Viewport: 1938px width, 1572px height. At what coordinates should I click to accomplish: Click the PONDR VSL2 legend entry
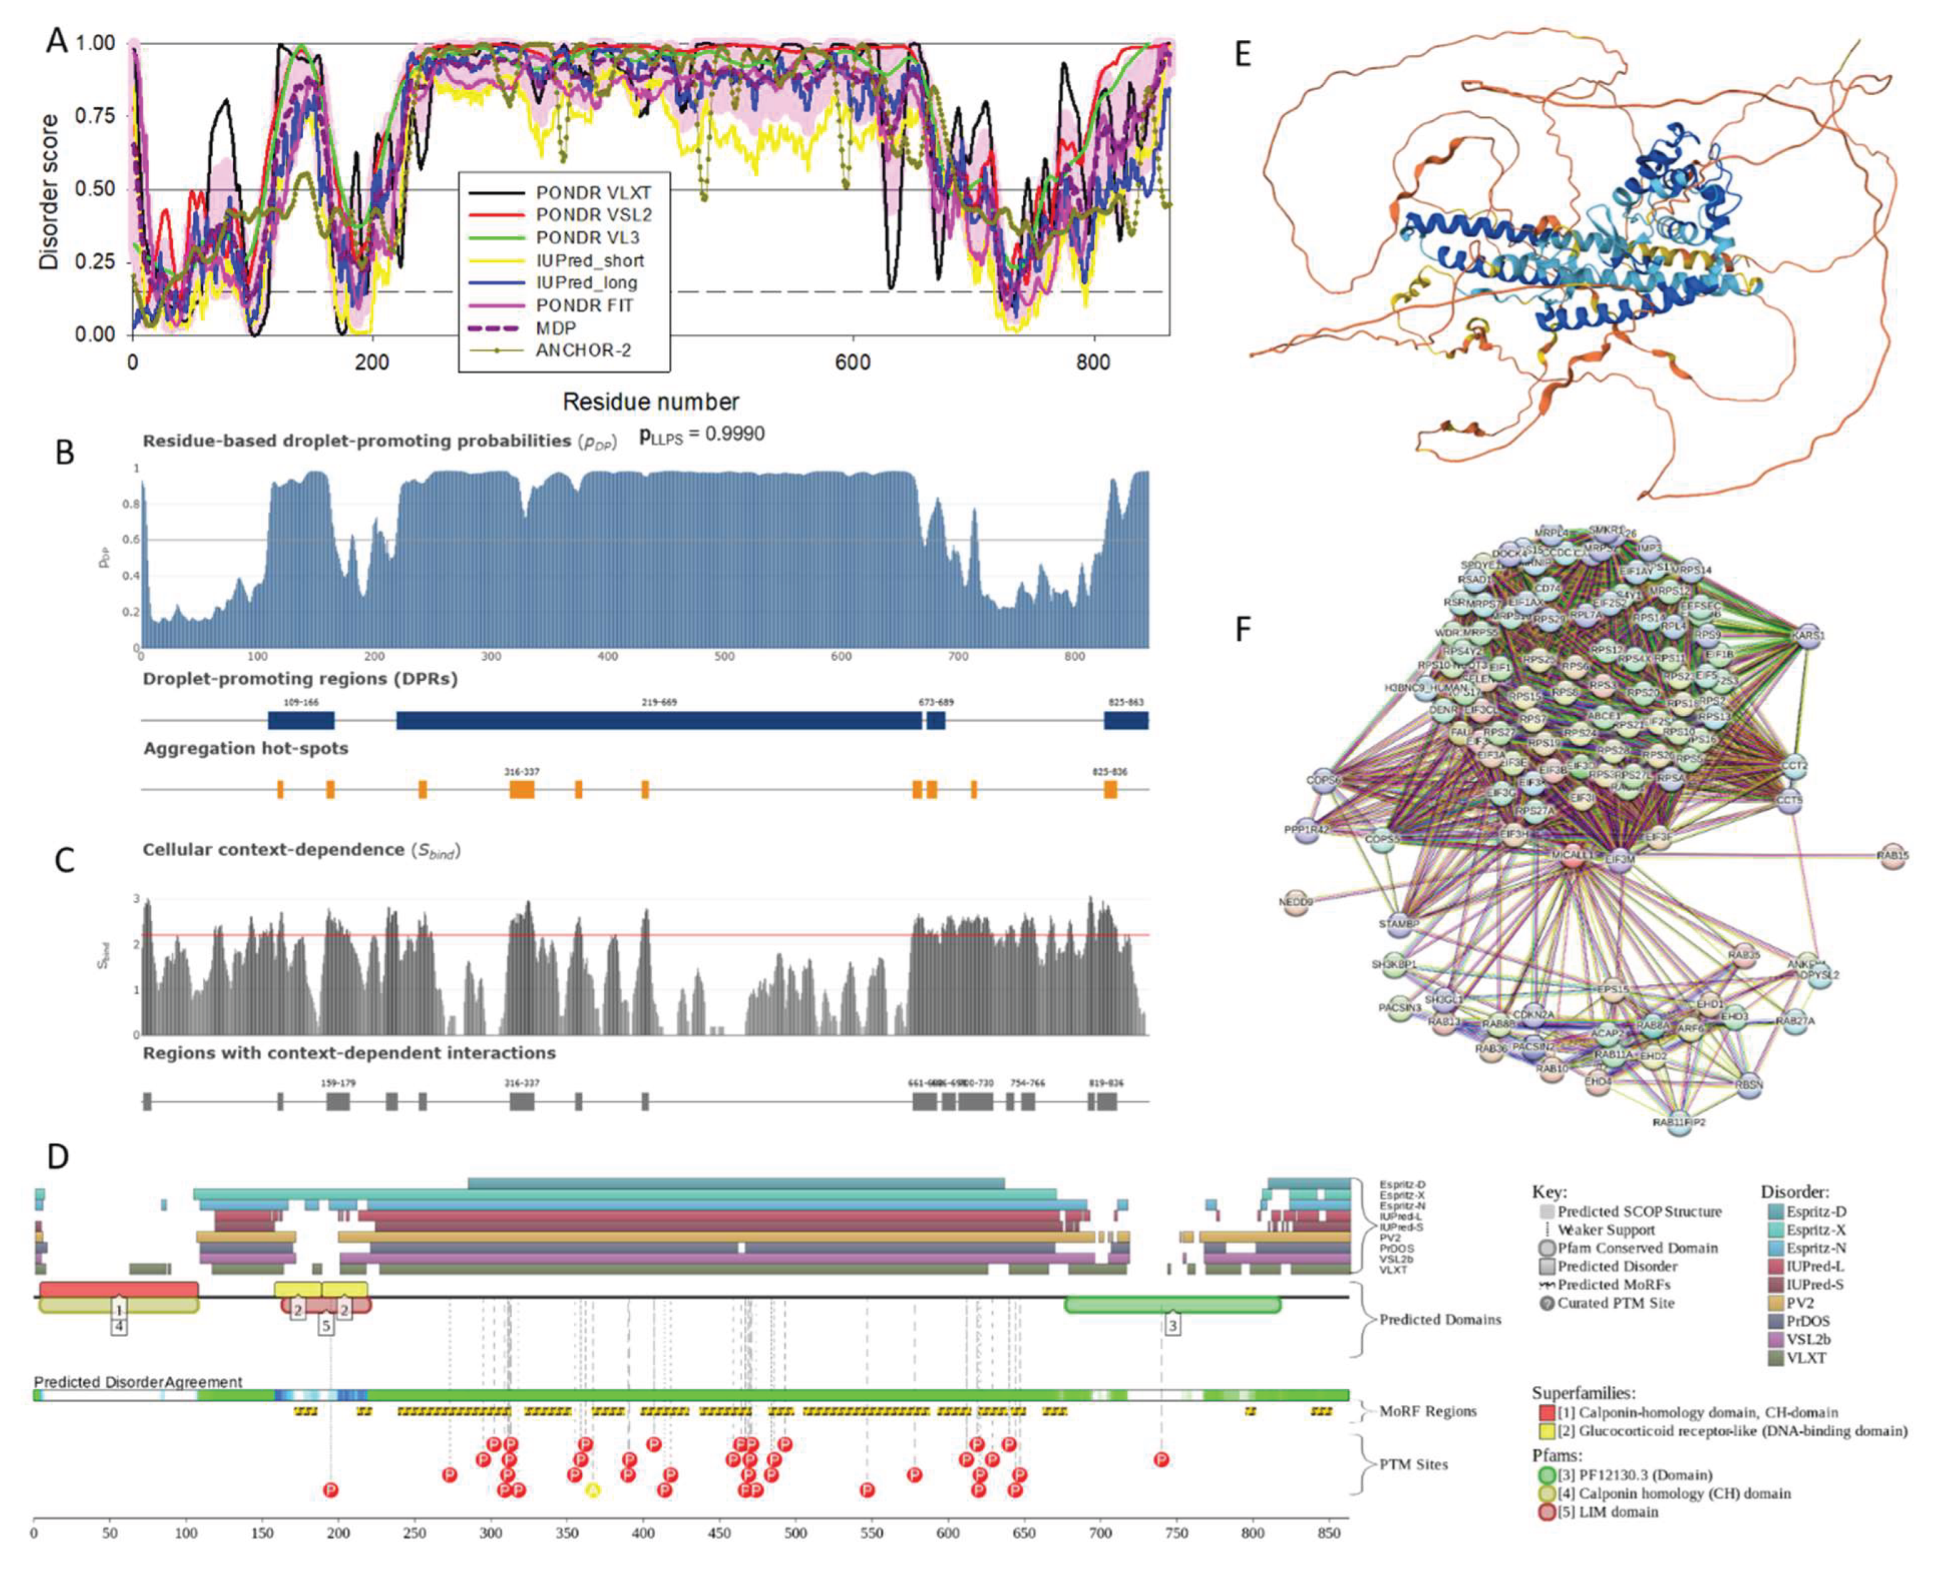pos(593,215)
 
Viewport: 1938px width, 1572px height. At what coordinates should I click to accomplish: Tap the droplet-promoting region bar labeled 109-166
pos(301,721)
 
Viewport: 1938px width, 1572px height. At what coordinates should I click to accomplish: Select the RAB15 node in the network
pos(1892,856)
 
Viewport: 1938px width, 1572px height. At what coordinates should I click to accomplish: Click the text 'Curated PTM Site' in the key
pos(1615,1303)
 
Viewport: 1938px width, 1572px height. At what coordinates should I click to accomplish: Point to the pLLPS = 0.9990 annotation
pos(702,435)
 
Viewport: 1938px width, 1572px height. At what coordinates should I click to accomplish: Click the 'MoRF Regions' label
pos(1428,1411)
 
